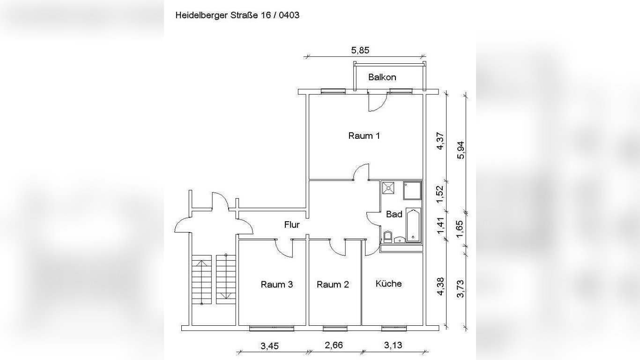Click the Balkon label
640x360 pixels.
click(x=382, y=77)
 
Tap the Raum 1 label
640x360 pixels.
click(x=364, y=136)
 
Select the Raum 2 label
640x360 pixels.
click(x=333, y=285)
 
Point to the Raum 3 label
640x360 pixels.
click(x=277, y=285)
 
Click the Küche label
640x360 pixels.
click(x=388, y=284)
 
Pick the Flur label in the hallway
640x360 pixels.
click(x=292, y=225)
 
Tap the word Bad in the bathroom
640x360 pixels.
click(x=394, y=214)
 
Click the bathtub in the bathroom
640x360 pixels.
click(x=413, y=225)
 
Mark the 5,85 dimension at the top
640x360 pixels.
click(x=363, y=50)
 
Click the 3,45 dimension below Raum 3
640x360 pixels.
click(x=269, y=346)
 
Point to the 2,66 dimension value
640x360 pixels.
click(x=334, y=345)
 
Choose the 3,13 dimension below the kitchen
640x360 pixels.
click(x=393, y=345)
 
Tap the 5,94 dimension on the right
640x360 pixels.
click(x=461, y=150)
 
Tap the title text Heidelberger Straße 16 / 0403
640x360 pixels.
click(x=237, y=15)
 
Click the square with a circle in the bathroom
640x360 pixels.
click(x=388, y=188)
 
